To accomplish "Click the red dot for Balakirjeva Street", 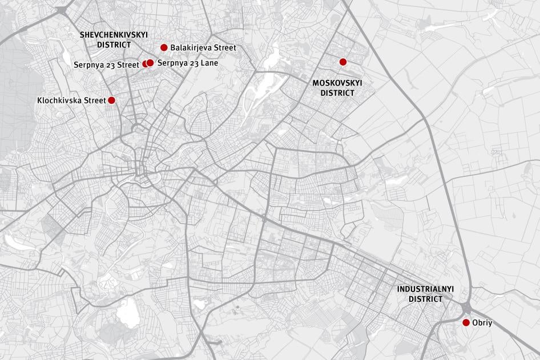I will click(164, 47).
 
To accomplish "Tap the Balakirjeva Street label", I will click(203, 48).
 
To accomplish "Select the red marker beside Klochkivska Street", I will click(111, 100).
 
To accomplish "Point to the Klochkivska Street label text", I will click(71, 100).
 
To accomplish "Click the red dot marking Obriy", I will click(466, 323).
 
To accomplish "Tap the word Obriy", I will click(482, 323).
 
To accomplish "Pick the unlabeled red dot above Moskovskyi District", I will click(342, 62).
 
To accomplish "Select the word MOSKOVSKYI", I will click(337, 83).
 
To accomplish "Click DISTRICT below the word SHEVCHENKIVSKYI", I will click(114, 45).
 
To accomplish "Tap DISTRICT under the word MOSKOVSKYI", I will click(337, 93).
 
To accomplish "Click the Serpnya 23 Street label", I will click(106, 65).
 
